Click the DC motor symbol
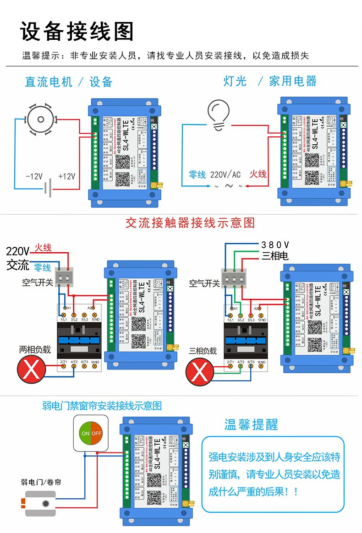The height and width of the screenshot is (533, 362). tap(41, 120)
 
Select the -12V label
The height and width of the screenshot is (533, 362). tap(34, 176)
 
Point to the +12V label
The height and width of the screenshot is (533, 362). tap(66, 176)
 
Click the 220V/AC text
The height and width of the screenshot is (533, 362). tap(225, 174)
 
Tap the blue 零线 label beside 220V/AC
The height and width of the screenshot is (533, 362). tap(197, 174)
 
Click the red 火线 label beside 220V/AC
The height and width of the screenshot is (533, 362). tap(258, 174)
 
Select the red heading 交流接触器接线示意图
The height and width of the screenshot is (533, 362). tap(190, 223)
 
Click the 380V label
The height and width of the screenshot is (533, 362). tap(275, 245)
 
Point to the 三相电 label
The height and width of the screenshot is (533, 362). tap(275, 256)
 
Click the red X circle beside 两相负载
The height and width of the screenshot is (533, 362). tap(32, 370)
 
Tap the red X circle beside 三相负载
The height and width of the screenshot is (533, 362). tap(200, 371)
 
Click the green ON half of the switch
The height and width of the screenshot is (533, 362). tap(85, 433)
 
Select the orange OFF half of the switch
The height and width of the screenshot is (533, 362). tap(97, 433)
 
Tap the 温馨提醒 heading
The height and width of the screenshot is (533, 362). tap(251, 424)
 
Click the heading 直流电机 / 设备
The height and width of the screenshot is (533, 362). tap(69, 82)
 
